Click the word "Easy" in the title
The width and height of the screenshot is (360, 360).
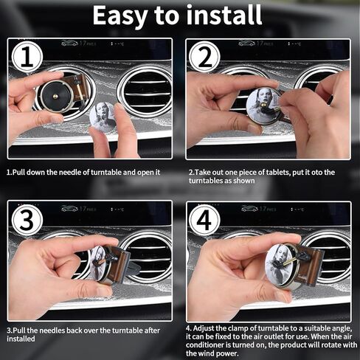(x=120, y=16)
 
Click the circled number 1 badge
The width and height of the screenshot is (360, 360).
(x=27, y=58)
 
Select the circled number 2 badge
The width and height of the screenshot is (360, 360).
(x=204, y=58)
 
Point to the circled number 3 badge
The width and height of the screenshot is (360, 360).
(x=27, y=220)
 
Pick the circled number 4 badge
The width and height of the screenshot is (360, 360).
(x=204, y=220)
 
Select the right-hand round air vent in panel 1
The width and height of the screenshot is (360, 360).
(x=145, y=93)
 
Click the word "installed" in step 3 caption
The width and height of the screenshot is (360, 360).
(x=21, y=339)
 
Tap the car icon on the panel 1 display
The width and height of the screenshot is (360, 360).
(x=69, y=44)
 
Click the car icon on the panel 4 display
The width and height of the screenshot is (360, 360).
(x=249, y=209)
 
